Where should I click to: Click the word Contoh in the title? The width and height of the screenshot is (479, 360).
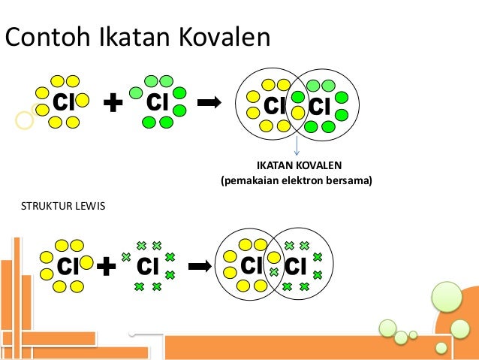click(46, 37)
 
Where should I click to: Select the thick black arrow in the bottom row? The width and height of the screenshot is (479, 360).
click(200, 265)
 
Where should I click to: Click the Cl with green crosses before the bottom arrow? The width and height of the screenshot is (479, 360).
click(148, 266)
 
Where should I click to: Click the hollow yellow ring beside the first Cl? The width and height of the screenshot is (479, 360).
click(25, 119)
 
